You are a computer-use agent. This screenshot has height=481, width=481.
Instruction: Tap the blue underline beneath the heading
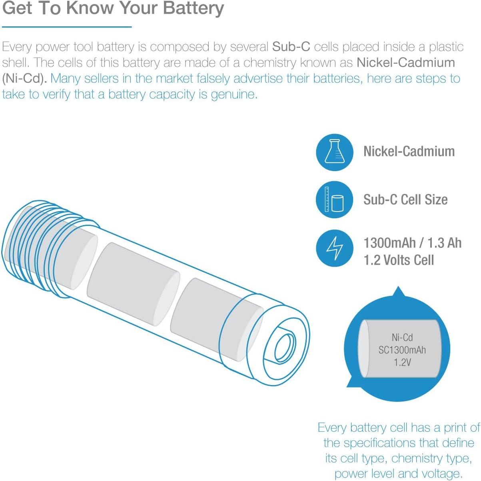pyautogui.click(x=66, y=27)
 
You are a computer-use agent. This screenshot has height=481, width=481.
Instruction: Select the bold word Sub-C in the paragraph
pyautogui.click(x=291, y=47)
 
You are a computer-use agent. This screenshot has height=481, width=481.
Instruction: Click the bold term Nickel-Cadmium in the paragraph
pyautogui.click(x=405, y=63)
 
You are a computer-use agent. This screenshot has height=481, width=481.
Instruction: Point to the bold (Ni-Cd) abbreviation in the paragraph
pyautogui.click(x=24, y=78)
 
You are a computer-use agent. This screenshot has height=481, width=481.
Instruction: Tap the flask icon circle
pyautogui.click(x=334, y=152)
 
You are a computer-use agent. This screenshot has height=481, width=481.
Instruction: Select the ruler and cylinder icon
pyautogui.click(x=334, y=200)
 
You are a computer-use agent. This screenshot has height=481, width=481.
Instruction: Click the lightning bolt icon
pyautogui.click(x=334, y=248)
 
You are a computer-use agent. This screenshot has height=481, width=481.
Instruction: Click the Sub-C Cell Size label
pyautogui.click(x=405, y=200)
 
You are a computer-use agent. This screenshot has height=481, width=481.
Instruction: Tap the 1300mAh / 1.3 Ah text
pyautogui.click(x=412, y=243)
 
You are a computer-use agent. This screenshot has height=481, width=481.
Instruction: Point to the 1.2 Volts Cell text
pyautogui.click(x=398, y=260)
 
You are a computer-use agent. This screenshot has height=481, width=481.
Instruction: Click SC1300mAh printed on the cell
pyautogui.click(x=402, y=350)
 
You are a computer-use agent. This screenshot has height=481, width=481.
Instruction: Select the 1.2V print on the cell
pyautogui.click(x=402, y=363)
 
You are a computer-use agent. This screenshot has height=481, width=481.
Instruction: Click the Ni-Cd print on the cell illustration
pyautogui.click(x=402, y=337)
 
